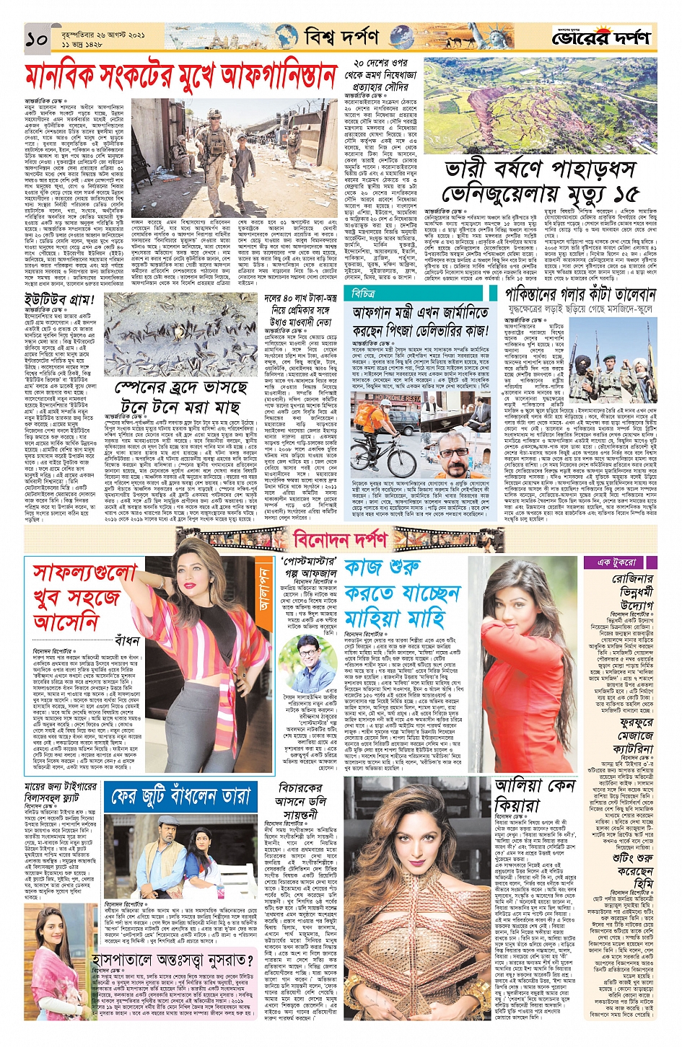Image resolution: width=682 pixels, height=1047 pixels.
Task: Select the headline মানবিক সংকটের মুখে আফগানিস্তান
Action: click(180, 76)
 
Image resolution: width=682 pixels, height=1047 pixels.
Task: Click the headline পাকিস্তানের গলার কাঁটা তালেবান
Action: click(580, 295)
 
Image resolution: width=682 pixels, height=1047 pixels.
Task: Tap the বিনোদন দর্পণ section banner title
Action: click(340, 539)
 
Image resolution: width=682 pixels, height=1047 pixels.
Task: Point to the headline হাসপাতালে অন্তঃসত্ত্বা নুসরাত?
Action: click(172, 960)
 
